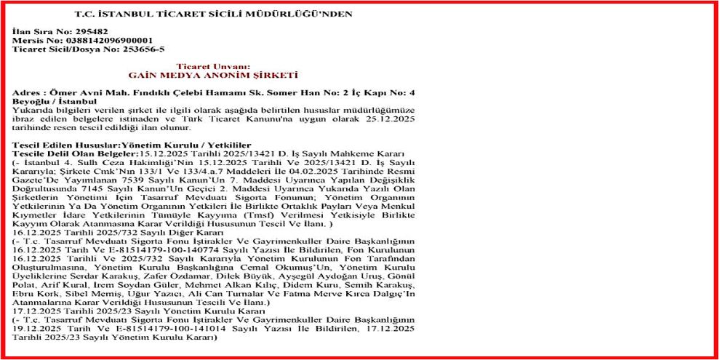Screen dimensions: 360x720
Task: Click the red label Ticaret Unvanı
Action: point(213,67)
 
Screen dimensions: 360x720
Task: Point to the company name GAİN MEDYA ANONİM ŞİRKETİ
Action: point(213,75)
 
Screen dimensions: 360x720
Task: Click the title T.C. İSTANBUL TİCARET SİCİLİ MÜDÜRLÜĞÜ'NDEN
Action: point(214,14)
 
